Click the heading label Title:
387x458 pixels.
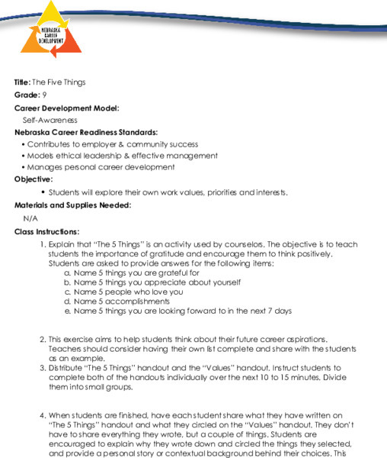pyautogui.click(x=22, y=82)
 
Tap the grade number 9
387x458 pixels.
pyautogui.click(x=45, y=95)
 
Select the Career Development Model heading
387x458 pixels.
pyautogui.click(x=66, y=108)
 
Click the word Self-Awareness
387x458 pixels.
pyautogui.click(x=50, y=120)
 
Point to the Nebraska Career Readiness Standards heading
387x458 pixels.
pyautogui.click(x=86, y=132)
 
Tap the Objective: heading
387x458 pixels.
pyautogui.click(x=34, y=179)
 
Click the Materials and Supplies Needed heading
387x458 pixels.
pyautogui.click(x=73, y=205)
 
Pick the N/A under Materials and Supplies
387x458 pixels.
pyautogui.click(x=30, y=218)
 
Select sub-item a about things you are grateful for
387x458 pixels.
pyautogui.click(x=136, y=273)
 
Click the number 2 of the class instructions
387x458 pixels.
pyautogui.click(x=42, y=339)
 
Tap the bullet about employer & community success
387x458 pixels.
pyautogui.click(x=112, y=144)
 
